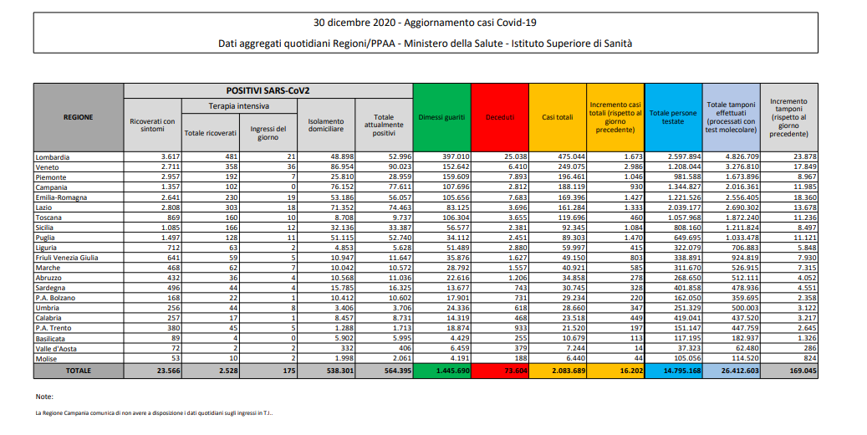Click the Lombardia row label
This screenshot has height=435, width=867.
pyautogui.click(x=53, y=156)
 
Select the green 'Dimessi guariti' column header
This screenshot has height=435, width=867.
pyautogui.click(x=442, y=117)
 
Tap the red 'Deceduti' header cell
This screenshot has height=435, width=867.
pyautogui.click(x=500, y=117)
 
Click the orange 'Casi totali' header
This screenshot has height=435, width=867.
pyautogui.click(x=558, y=117)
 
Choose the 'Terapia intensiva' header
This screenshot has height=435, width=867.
pyautogui.click(x=239, y=106)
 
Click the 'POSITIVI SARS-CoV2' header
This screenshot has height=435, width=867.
pyautogui.click(x=268, y=90)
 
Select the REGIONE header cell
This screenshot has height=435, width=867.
pyautogui.click(x=78, y=117)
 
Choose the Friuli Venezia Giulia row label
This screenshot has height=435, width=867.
pyautogui.click(x=67, y=258)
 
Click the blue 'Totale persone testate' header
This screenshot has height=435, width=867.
pyautogui.click(x=673, y=117)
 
